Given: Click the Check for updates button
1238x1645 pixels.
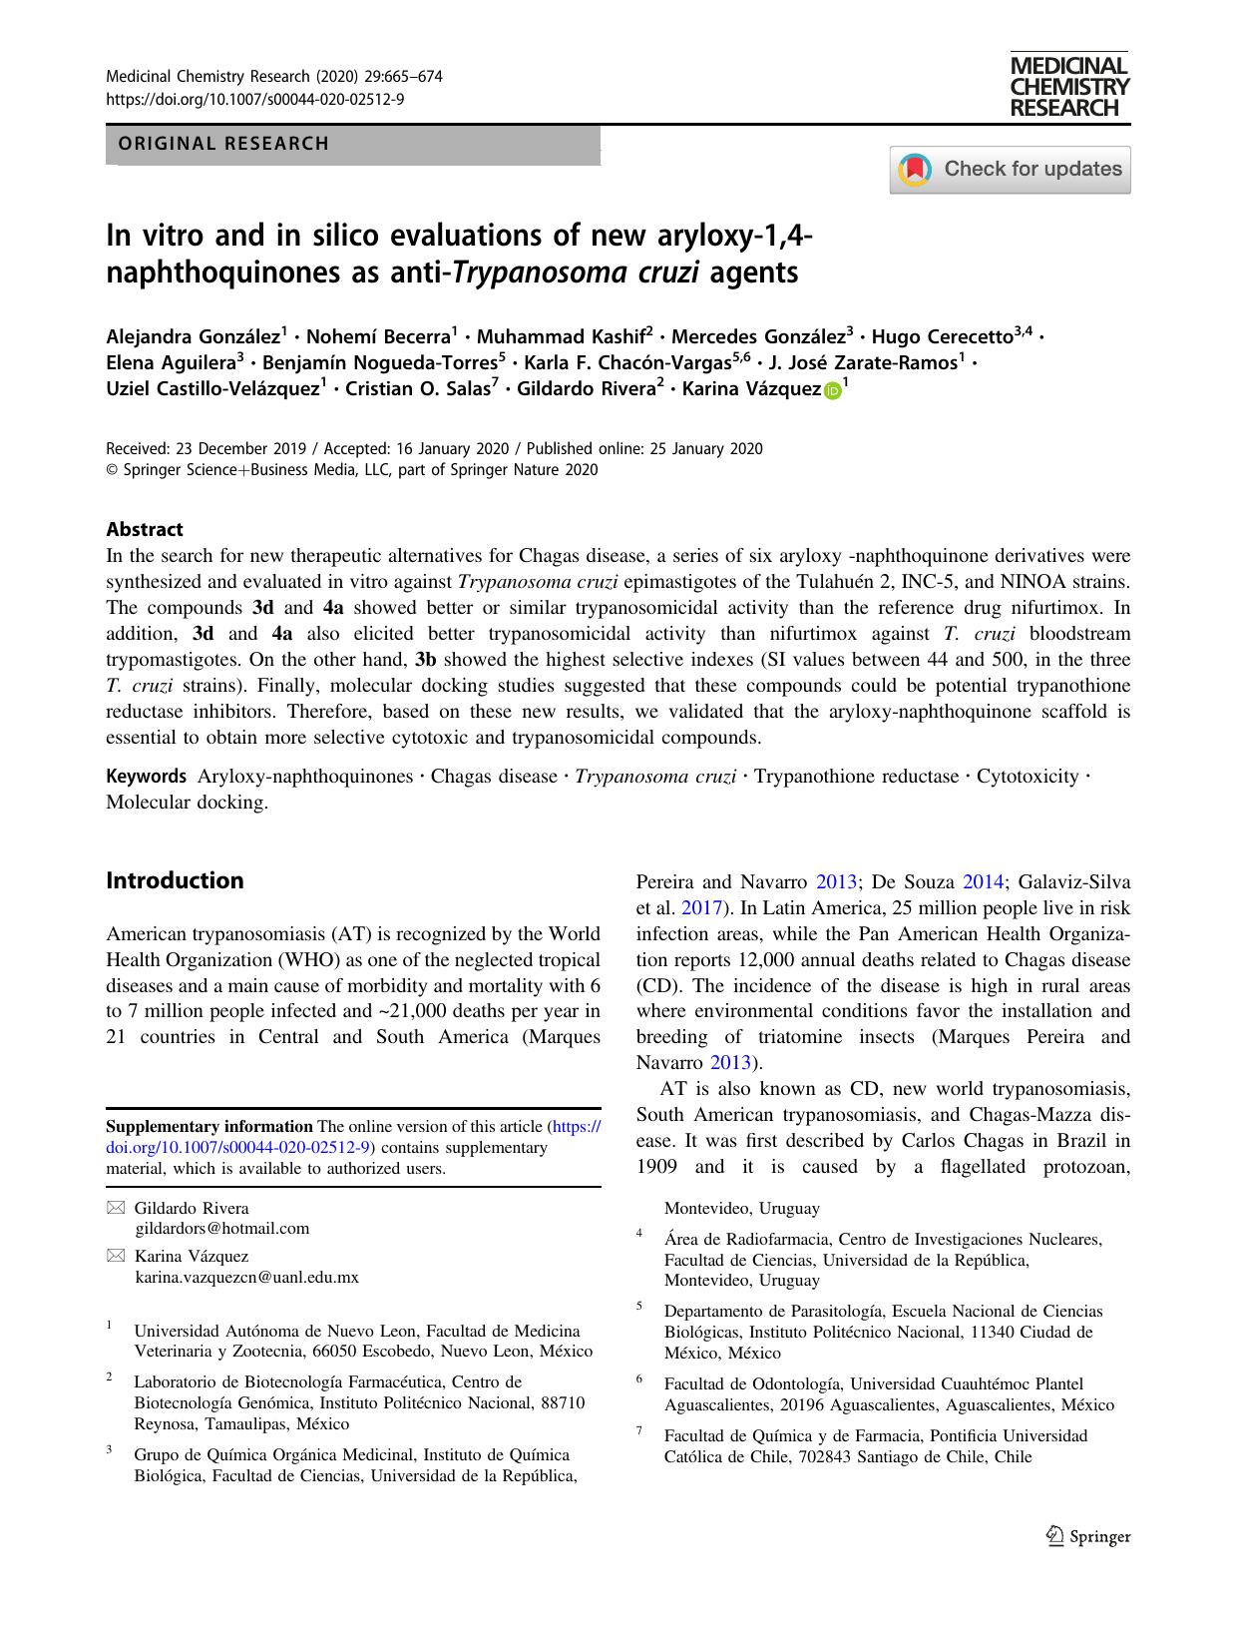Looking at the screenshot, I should [1010, 169].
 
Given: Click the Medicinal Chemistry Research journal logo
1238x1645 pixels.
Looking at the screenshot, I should [1068, 87].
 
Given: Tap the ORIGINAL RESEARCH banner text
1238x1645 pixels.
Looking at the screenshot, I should [223, 144].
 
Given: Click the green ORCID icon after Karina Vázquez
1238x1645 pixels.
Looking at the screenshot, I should [832, 391].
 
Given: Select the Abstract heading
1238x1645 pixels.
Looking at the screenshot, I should [145, 530].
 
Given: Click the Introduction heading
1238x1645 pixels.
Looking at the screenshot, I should [175, 880].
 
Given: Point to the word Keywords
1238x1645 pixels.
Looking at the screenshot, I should [146, 777].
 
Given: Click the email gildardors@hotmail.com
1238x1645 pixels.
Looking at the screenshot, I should [221, 1229].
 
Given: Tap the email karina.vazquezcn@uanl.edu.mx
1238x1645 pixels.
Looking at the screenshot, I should [246, 1277].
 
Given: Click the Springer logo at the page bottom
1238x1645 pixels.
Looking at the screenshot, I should [1088, 1537].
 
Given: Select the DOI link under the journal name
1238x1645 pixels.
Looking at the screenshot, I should [254, 99].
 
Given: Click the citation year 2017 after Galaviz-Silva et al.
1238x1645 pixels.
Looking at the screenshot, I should [698, 908].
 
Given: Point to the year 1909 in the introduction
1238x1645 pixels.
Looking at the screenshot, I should [656, 1167].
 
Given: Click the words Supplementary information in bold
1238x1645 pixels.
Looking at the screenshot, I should [209, 1127].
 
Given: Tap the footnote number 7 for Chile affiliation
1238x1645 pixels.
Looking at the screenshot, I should [639, 1431].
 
